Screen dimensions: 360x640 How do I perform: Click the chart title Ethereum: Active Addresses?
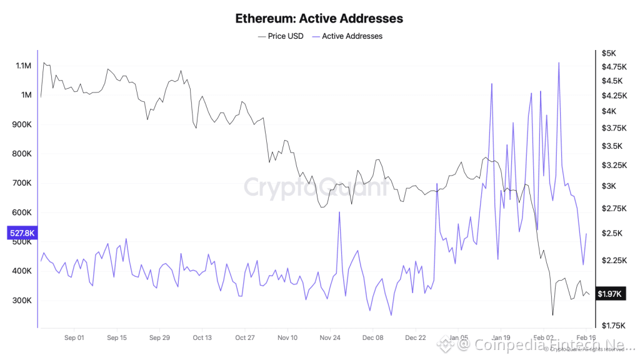(319, 18)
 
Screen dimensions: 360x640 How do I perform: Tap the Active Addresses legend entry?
(351, 36)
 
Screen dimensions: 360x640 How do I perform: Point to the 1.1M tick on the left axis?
(22, 66)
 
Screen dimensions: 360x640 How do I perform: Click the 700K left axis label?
(22, 183)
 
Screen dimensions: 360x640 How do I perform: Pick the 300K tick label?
(22, 301)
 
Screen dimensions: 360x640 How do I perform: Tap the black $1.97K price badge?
(609, 293)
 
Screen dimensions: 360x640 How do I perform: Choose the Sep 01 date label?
(74, 337)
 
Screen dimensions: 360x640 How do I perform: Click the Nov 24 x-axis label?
(330, 337)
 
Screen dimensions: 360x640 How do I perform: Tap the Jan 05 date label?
(458, 337)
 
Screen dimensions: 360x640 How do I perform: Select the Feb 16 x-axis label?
(585, 337)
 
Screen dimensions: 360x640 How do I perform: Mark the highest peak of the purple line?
(558, 62)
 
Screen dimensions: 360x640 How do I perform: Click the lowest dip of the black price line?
(552, 315)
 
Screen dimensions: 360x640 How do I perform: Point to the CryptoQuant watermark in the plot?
(315, 187)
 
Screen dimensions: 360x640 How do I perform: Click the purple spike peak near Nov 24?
(339, 212)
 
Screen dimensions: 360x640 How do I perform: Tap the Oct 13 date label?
(202, 337)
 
